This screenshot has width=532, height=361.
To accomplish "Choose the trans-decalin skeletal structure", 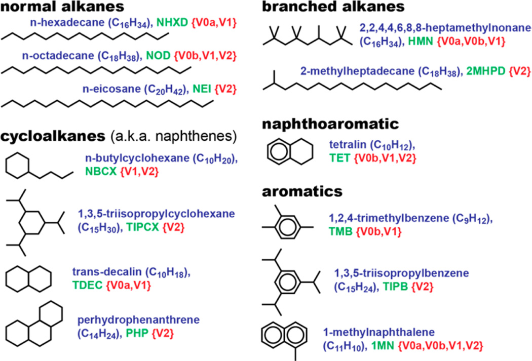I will click(28, 278).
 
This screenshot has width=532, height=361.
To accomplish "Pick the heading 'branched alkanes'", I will click(333, 7).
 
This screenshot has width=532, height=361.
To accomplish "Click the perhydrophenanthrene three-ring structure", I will click(35, 324).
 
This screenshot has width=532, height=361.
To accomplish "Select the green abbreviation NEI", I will click(201, 90).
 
